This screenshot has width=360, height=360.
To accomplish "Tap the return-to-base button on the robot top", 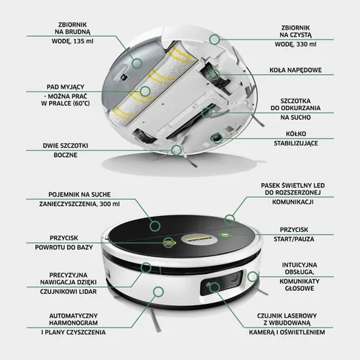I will [x=168, y=243].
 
